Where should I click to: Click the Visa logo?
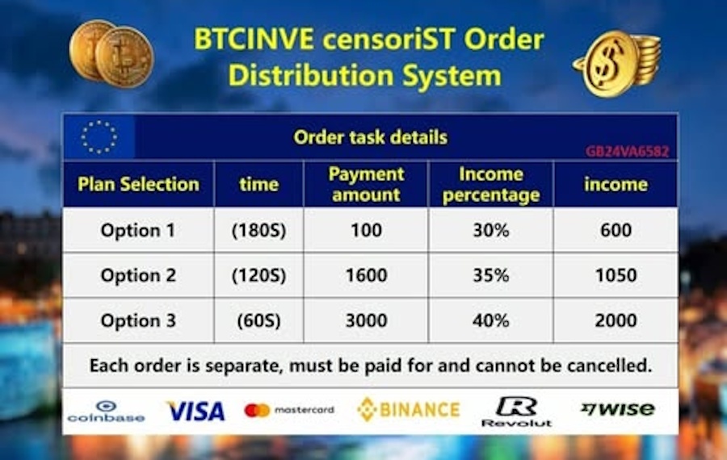coord(195,411)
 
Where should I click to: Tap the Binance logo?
coord(409,409)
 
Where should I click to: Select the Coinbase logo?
coord(106,412)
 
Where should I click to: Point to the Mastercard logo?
coord(289,410)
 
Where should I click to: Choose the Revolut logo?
coord(516,412)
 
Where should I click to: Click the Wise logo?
coord(618,408)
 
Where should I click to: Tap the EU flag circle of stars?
coord(99,137)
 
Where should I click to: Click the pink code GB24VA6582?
coord(628,152)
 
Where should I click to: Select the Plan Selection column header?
coord(139,184)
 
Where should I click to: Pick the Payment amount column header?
coord(366,184)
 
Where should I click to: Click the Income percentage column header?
coord(491,185)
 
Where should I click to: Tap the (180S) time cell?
coord(258,230)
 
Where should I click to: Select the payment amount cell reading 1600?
coord(366,275)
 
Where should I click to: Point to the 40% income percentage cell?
coord(491,320)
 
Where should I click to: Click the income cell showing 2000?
coord(616,320)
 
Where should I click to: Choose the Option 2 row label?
coord(138,275)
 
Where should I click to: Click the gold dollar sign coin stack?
coord(616,63)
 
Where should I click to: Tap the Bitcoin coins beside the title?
coord(111,53)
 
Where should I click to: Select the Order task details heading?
coord(371,137)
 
